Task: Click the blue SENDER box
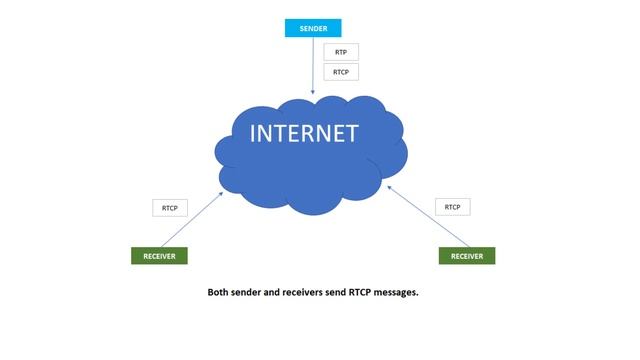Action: pos(313,28)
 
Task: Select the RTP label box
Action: pos(340,52)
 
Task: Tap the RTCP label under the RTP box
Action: pos(340,72)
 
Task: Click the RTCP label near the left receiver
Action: pos(169,208)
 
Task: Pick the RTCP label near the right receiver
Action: pos(452,207)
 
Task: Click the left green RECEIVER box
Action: pos(159,256)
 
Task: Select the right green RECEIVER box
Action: pos(467,256)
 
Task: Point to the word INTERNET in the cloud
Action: pos(303,134)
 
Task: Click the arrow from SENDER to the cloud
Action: pos(313,65)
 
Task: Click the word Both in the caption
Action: pos(218,293)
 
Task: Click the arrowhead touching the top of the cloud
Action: pos(313,92)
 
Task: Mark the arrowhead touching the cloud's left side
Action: pos(223,192)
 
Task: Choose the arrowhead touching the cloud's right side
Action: pos(388,185)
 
